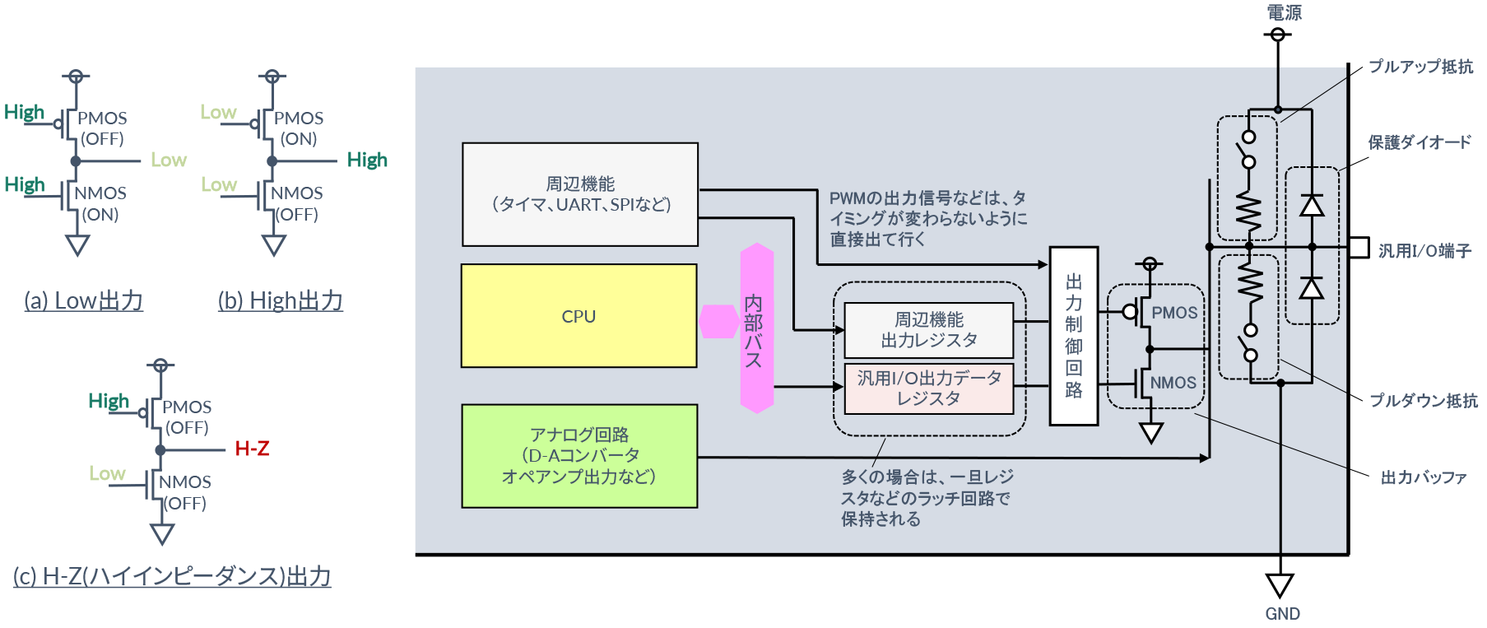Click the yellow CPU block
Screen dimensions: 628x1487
[579, 316]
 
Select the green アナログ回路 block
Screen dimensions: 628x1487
[579, 455]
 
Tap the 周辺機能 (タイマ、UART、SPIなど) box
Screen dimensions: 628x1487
[580, 194]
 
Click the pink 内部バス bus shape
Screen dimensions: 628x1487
[756, 328]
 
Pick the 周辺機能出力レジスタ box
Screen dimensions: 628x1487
[929, 329]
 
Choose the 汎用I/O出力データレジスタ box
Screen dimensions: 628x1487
[929, 388]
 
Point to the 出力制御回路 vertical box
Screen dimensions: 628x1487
[1074, 336]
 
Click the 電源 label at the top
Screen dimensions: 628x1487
[1284, 12]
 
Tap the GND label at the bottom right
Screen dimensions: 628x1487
[1282, 614]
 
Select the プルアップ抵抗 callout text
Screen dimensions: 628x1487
[1420, 67]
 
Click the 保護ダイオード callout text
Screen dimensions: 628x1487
[1420, 142]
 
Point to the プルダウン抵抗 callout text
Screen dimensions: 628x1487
[1423, 401]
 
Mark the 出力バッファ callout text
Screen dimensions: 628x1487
[1424, 477]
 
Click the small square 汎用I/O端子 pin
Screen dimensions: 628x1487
[1359, 247]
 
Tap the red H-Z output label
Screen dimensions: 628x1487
[252, 449]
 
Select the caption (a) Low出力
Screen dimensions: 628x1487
[84, 301]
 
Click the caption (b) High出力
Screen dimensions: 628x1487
[281, 301]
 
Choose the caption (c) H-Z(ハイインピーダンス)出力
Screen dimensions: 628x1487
[172, 576]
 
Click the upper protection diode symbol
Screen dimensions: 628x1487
[1312, 205]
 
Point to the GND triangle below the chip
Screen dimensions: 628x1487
[1280, 585]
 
